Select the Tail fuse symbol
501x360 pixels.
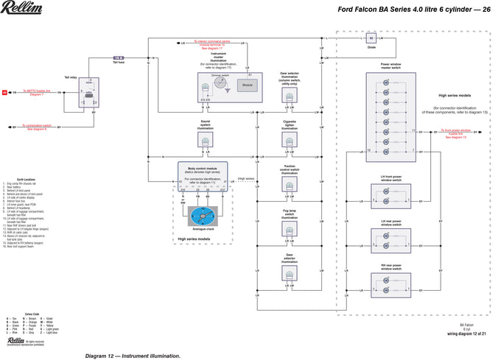click(x=118, y=57)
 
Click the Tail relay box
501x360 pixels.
click(x=89, y=94)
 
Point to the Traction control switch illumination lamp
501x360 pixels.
click(x=289, y=187)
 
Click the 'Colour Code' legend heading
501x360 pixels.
click(x=32, y=292)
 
